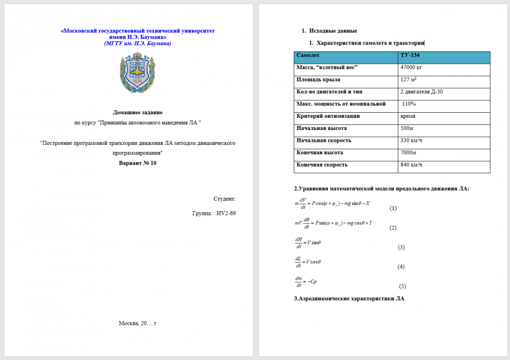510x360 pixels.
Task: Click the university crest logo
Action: (x=137, y=72)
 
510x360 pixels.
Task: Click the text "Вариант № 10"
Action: (x=138, y=163)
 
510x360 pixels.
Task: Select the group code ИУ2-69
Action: (x=226, y=213)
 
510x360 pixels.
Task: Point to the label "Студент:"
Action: (x=224, y=198)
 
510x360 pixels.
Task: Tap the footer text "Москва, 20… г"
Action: (x=138, y=323)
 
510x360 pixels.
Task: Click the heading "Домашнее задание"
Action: (x=138, y=112)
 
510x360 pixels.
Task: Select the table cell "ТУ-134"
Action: (x=410, y=55)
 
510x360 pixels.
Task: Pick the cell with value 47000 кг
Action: (x=412, y=67)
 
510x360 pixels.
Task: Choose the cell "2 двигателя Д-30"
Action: (x=422, y=92)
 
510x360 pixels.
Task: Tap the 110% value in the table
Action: (x=409, y=104)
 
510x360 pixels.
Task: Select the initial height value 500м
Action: (x=408, y=128)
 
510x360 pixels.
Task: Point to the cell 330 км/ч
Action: (x=412, y=140)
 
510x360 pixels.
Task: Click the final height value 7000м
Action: (x=409, y=152)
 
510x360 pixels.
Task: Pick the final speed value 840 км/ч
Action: (x=412, y=165)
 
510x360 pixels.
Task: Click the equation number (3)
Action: (x=401, y=247)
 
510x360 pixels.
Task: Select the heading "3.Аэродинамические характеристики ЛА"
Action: (x=349, y=298)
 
